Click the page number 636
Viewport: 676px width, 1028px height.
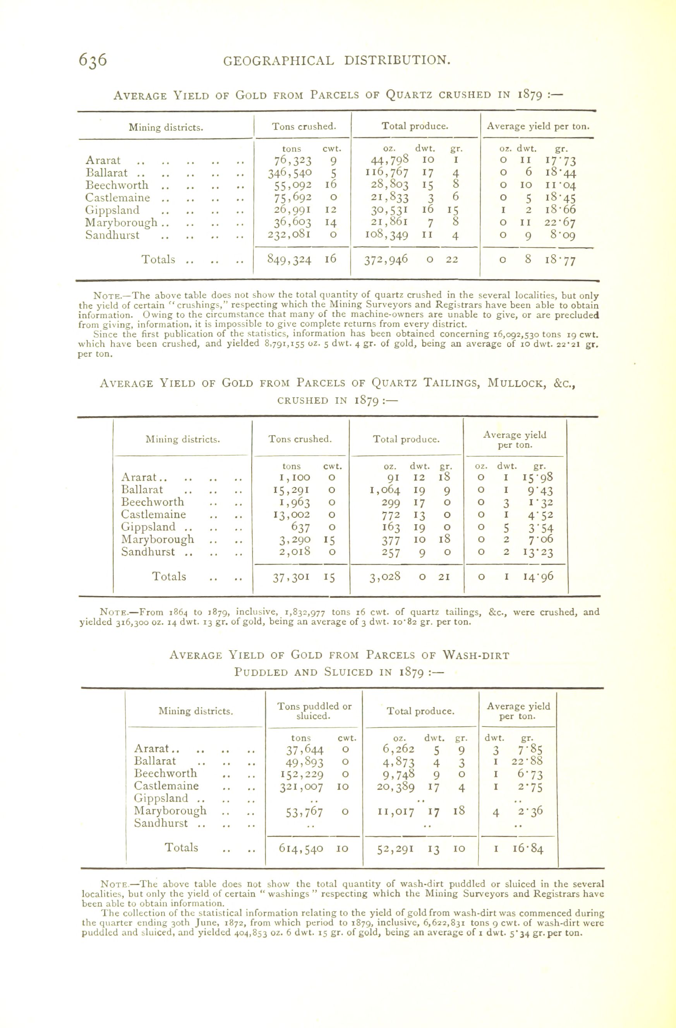click(93, 60)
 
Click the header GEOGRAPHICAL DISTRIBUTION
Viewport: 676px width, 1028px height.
click(337, 60)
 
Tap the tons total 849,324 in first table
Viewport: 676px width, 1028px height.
click(289, 260)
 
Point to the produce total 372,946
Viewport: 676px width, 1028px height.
click(386, 260)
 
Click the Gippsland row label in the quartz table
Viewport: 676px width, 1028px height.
click(112, 210)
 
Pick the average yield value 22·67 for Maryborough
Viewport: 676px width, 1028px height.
click(560, 223)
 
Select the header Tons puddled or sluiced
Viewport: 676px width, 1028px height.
click(314, 711)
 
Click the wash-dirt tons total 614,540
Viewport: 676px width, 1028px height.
click(301, 848)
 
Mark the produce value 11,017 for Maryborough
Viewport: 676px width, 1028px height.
click(395, 812)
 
